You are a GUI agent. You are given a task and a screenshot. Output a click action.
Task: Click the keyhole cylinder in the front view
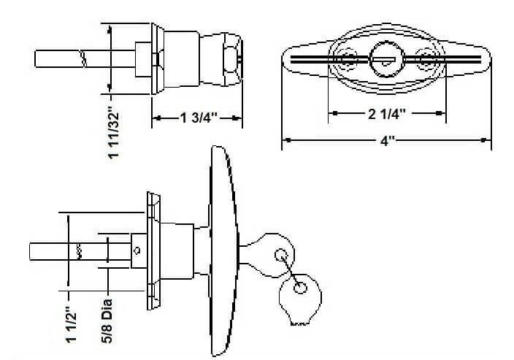pyautogui.click(x=384, y=58)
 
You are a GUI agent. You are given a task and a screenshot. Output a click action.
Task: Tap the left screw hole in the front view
pyautogui.click(x=347, y=58)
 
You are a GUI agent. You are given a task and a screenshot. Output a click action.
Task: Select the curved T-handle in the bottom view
pyautogui.click(x=222, y=248)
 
